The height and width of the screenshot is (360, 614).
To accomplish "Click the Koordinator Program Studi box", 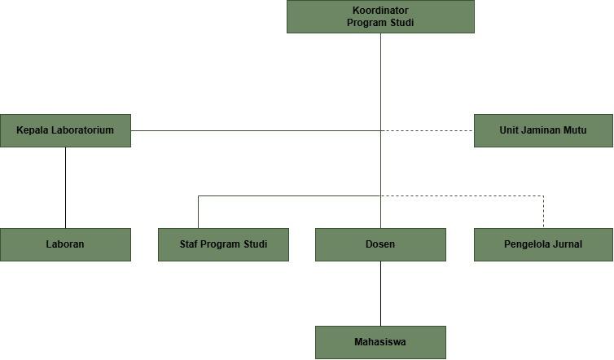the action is [380, 16].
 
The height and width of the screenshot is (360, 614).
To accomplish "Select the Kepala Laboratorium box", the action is [65, 130].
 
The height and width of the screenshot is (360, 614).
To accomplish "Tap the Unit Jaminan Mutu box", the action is [543, 130].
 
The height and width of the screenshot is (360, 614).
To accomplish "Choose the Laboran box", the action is [65, 244].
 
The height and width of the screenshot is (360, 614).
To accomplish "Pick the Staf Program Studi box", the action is [224, 244].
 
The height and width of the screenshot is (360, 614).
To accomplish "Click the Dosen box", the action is [380, 244].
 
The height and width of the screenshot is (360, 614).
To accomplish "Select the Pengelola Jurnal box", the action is [543, 244].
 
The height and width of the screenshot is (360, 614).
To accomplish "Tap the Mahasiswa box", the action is [380, 342].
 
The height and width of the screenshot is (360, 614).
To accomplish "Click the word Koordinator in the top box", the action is [380, 11].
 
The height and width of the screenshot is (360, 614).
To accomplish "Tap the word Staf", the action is [189, 244].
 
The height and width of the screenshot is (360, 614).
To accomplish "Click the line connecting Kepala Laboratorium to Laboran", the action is [65, 187].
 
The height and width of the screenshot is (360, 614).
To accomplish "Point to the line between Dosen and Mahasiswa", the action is [380, 293].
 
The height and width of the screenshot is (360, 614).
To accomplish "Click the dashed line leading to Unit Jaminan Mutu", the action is [428, 130].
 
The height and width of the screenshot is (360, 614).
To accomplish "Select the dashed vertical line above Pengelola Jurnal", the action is [543, 212].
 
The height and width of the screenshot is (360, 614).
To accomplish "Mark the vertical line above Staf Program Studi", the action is [198, 212].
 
